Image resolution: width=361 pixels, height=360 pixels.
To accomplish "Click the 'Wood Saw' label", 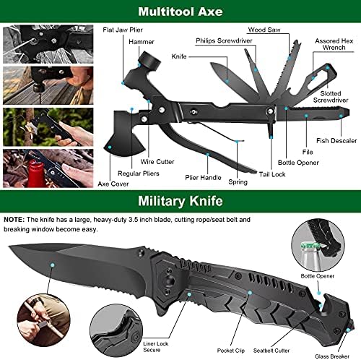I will [x=264, y=30].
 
